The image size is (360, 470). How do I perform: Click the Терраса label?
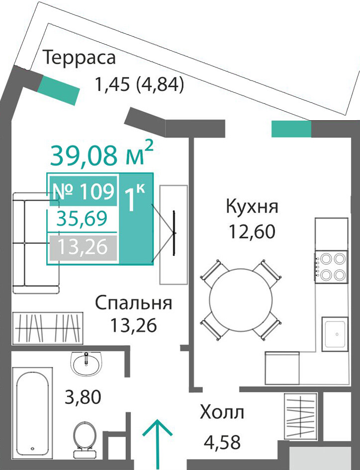[79, 58]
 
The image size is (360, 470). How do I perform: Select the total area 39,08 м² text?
[102, 155]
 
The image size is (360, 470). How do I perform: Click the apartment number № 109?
[83, 191]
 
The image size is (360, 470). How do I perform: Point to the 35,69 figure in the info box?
[82, 218]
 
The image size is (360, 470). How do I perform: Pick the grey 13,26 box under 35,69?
[83, 247]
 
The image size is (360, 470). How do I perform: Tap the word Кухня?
[252, 207]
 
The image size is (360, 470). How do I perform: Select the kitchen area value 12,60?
[252, 232]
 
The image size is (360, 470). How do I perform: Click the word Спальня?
[133, 304]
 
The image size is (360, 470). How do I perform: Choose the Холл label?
[222, 412]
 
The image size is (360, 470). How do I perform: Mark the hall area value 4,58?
[222, 442]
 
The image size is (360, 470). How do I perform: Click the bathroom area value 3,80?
[83, 397]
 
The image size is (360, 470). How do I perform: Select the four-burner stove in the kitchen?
[331, 266]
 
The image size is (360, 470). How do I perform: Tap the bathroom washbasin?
[87, 364]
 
